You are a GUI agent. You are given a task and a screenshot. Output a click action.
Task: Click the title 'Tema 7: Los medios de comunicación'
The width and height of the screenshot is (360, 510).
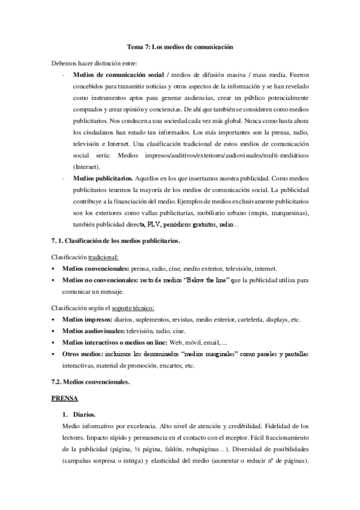click(180, 46)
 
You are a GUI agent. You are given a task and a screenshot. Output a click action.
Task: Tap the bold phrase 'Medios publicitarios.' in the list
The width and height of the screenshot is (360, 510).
click(103, 179)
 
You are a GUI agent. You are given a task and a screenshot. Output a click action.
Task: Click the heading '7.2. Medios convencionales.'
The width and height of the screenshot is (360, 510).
click(90, 381)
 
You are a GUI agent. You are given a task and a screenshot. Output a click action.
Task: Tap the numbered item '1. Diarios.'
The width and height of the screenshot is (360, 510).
click(79, 415)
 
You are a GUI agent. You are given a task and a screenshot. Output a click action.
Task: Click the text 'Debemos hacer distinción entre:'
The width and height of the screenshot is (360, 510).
click(94, 63)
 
